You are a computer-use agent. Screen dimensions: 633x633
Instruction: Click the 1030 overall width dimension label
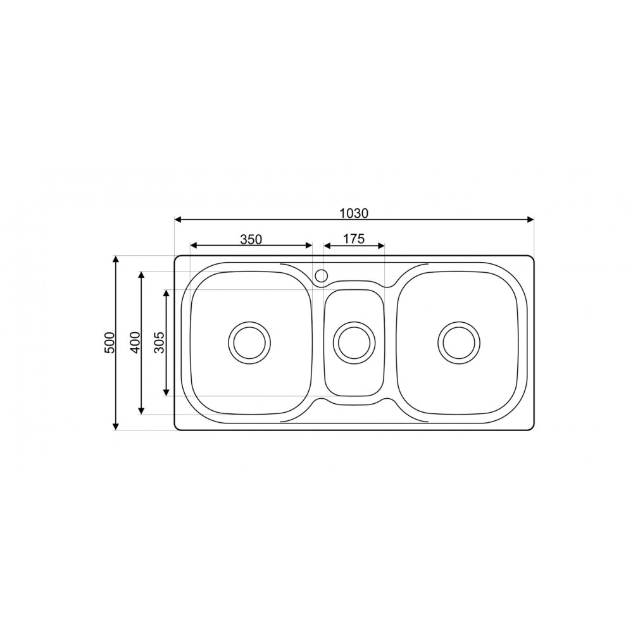[354, 213]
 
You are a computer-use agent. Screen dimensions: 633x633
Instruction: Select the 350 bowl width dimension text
[251, 239]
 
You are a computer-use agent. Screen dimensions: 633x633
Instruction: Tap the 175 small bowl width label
[354, 239]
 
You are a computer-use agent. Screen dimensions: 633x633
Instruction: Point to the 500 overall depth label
[110, 342]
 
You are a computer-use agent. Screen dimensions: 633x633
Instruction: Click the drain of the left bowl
[249, 342]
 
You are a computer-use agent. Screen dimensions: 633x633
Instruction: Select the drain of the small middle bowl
[354, 342]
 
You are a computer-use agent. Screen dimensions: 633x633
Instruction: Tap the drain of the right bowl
[459, 342]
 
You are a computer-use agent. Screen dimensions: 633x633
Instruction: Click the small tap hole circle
[321, 275]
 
